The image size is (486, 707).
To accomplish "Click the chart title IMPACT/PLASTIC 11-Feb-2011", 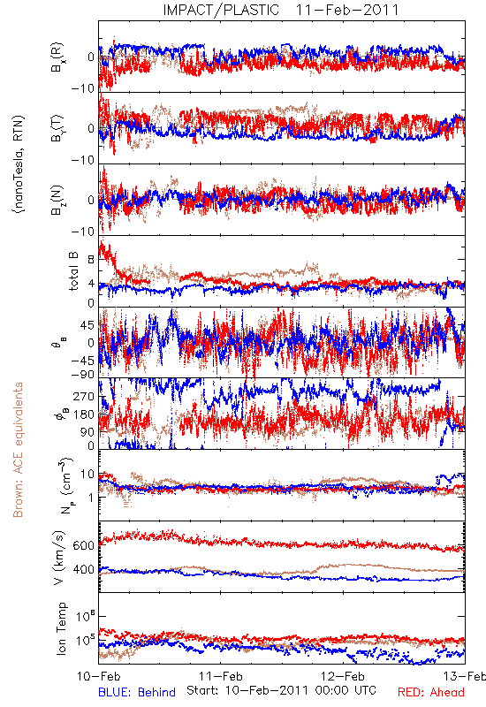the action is [x=281, y=10].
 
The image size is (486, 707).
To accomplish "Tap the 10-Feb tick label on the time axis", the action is [x=98, y=676].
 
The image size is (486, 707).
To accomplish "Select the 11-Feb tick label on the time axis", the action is [x=220, y=676].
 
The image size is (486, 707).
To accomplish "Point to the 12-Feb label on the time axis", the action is [x=343, y=676].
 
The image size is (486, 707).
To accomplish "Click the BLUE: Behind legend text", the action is [x=137, y=692].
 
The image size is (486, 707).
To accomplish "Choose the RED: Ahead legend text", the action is [x=431, y=692].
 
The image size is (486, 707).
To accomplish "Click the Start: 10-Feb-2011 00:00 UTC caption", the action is [x=281, y=690].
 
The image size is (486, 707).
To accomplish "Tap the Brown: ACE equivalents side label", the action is [x=18, y=450].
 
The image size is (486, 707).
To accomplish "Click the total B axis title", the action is [x=73, y=271].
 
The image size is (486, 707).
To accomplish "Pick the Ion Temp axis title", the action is [x=61, y=628].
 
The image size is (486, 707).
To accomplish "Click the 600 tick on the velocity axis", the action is [x=84, y=545].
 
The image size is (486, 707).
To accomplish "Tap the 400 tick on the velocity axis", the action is [x=84, y=569].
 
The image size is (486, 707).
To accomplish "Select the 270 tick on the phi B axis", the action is [x=84, y=396].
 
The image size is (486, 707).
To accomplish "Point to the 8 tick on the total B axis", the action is [x=91, y=259].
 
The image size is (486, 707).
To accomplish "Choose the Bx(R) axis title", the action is [x=57, y=57].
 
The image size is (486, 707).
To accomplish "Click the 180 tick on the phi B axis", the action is [x=84, y=414].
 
